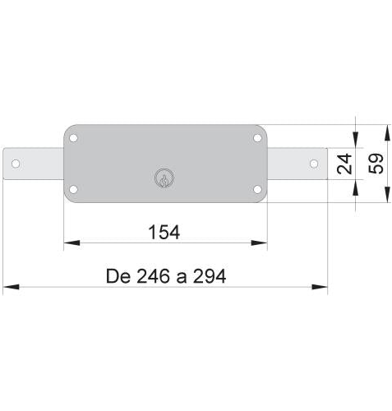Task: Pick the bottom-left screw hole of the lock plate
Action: click(74, 191)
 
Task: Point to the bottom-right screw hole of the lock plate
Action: click(257, 191)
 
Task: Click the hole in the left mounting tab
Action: click(16, 164)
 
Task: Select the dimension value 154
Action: click(164, 232)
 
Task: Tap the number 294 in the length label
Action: click(208, 275)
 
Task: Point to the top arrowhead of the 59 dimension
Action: click(385, 132)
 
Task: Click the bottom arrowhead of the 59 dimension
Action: click(385, 197)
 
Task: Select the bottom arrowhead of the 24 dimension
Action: click(355, 187)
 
